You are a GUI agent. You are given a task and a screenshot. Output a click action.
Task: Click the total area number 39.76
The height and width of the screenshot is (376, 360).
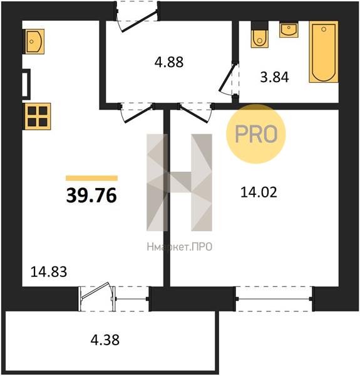[x=91, y=195]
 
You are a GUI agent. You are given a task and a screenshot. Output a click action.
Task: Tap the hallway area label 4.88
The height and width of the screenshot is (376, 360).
[x=169, y=62]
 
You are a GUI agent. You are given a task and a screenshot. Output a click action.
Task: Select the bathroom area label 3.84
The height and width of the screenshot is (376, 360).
[x=274, y=77]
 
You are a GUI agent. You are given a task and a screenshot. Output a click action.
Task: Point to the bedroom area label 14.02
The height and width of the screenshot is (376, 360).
[x=259, y=192]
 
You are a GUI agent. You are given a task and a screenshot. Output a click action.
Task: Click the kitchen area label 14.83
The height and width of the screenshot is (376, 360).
[x=49, y=272]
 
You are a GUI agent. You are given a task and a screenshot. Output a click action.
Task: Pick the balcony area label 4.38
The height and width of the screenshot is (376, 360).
[x=105, y=340]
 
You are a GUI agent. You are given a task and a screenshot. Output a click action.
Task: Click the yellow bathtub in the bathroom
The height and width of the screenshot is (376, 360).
[x=324, y=52]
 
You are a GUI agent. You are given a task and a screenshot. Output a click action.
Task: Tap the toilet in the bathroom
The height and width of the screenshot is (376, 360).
[x=259, y=34]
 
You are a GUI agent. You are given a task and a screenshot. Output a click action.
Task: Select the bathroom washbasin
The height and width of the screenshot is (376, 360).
[x=289, y=29]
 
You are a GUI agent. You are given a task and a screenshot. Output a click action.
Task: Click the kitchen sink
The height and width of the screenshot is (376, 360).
[x=34, y=41]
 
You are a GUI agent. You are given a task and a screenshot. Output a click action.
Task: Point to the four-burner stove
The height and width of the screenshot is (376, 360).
[x=37, y=117]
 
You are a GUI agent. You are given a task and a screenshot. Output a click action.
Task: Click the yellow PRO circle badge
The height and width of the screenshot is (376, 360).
[x=256, y=134]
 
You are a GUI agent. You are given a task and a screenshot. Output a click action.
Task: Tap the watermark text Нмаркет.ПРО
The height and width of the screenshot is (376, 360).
[x=180, y=247]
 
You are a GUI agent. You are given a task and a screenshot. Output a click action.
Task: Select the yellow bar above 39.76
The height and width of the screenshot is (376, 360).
[x=92, y=178]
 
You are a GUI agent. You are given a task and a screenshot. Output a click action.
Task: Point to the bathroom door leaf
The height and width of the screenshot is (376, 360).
[x=229, y=78]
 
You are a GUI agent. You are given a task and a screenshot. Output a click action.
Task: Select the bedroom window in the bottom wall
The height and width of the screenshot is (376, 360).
[x=274, y=299]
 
